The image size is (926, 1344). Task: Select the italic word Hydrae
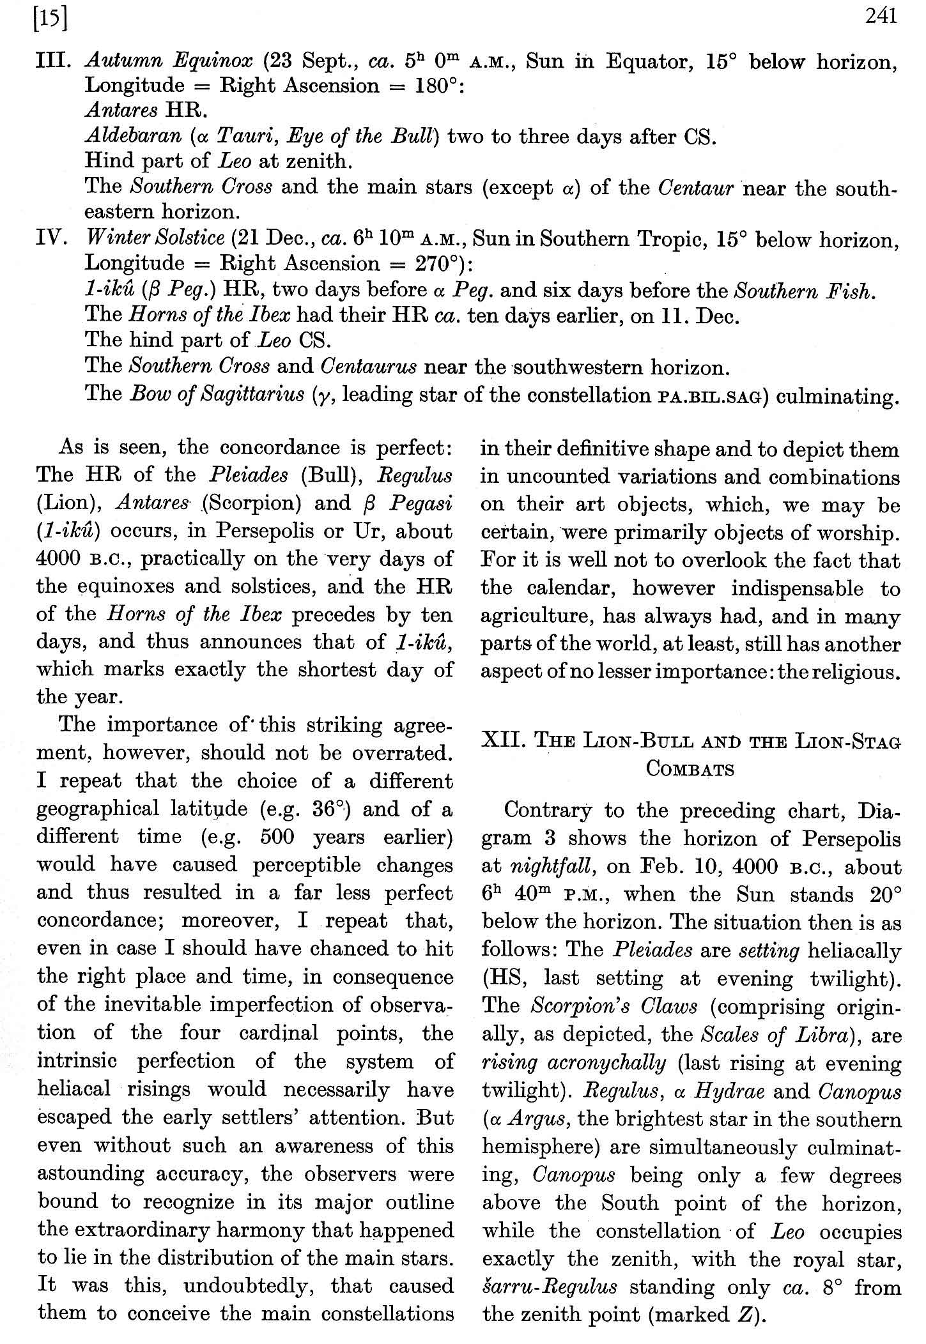[730, 1091]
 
